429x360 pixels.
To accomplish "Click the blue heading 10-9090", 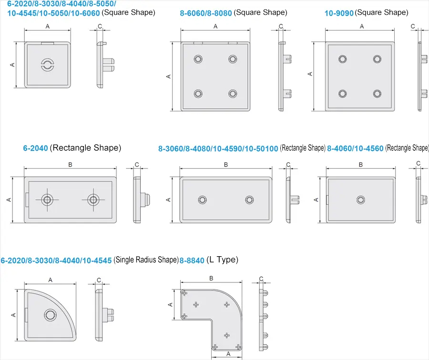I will pyautogui.click(x=339, y=13).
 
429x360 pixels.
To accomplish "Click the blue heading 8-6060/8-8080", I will pyautogui.click(x=206, y=13).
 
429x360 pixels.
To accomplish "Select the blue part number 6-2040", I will pyautogui.click(x=35, y=148).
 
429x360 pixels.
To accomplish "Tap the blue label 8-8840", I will pyautogui.click(x=192, y=260).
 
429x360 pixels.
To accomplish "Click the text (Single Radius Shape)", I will pyautogui.click(x=146, y=260).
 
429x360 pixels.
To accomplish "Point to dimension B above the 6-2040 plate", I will pyautogui.click(x=70, y=165).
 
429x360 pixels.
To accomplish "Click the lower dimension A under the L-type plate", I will pyautogui.click(x=228, y=354).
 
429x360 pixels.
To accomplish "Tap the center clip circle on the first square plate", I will pyautogui.click(x=47, y=65).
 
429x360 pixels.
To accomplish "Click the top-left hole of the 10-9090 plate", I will pyautogui.click(x=342, y=59).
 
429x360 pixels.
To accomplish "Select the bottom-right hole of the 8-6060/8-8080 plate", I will pyautogui.click(x=233, y=93).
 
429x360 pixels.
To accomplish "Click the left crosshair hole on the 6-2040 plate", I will pyautogui.click(x=47, y=199).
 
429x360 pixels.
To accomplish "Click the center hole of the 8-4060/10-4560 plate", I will pyautogui.click(x=360, y=199).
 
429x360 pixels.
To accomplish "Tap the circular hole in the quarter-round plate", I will pyautogui.click(x=50, y=314).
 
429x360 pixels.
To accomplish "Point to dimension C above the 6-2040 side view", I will pyautogui.click(x=137, y=165).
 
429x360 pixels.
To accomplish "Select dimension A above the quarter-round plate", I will pyautogui.click(x=50, y=280).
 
